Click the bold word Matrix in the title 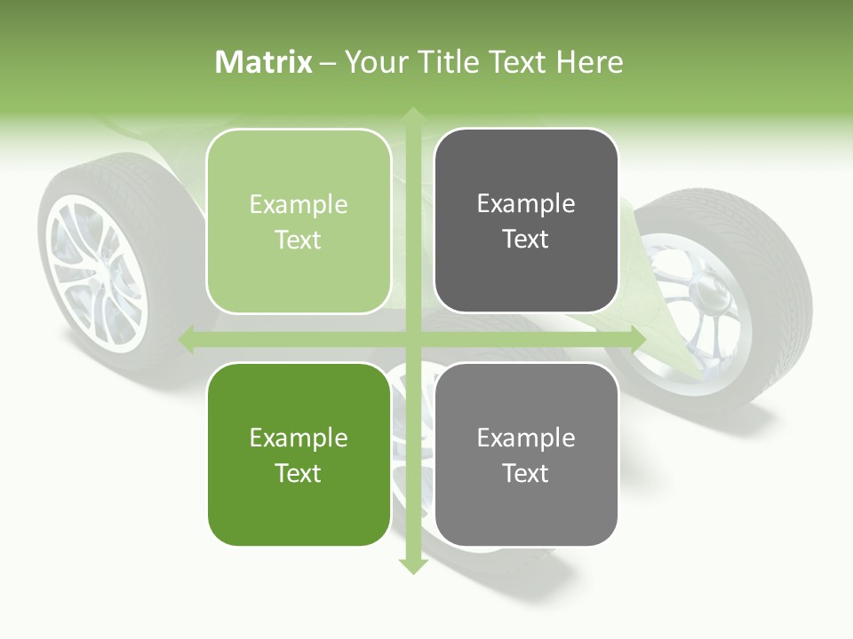point(264,62)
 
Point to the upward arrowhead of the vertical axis point(412,116)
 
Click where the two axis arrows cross point(412,339)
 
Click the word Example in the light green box point(299,205)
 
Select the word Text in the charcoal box point(526,240)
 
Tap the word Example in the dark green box point(299,438)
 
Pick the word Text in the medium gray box point(526,473)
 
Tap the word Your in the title point(373,62)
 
